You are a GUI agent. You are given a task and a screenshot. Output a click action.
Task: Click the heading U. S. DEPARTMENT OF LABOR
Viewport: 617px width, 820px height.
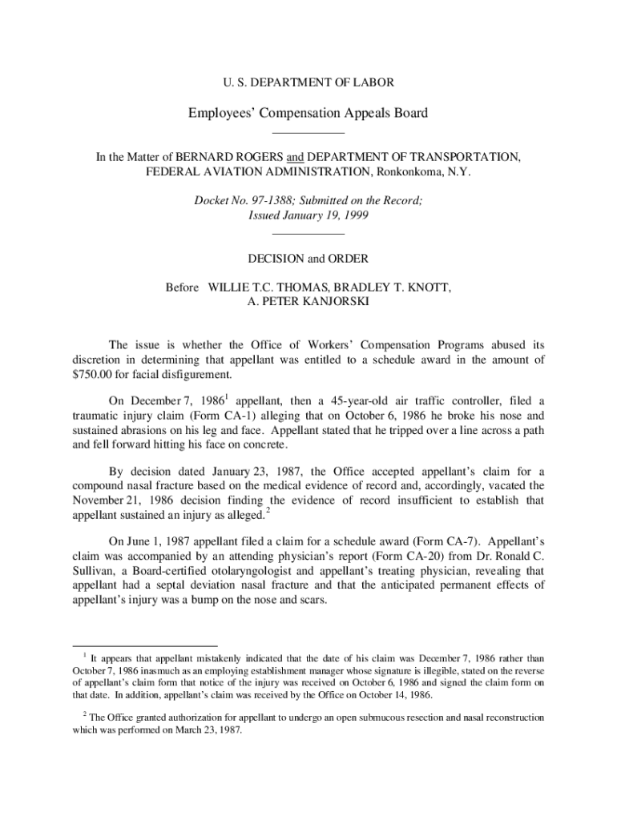pos(308,82)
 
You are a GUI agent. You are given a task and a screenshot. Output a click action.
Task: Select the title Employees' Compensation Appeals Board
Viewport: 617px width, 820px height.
pos(308,113)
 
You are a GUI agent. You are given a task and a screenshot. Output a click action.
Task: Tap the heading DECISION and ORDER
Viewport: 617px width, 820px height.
pos(308,259)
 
